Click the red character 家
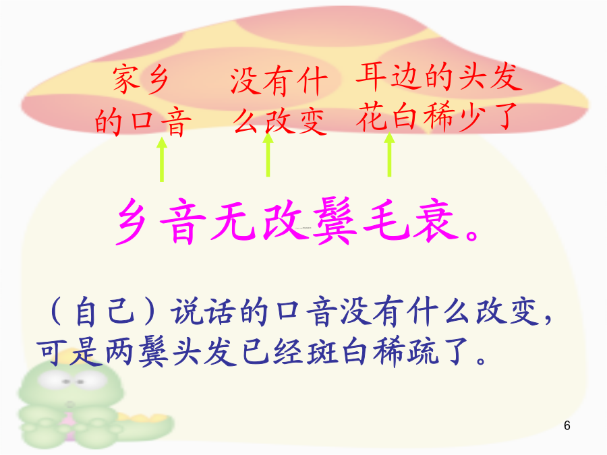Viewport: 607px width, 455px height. (126, 80)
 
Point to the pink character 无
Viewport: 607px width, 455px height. (233, 221)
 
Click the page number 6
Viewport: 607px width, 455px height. (567, 425)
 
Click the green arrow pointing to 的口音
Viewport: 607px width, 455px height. (162, 159)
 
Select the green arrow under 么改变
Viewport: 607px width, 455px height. (268, 155)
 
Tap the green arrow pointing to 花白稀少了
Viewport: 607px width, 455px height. (389, 155)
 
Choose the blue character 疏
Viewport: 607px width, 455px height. (423, 352)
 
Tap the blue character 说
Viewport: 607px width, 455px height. (187, 311)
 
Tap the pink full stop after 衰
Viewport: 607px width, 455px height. (472, 235)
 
